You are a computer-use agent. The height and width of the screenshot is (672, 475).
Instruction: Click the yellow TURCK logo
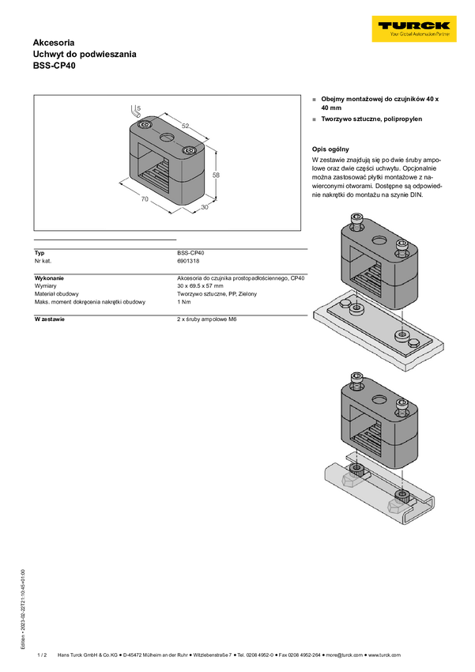[x=414, y=28]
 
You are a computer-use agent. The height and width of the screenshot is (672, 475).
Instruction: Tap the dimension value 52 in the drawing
[x=185, y=126]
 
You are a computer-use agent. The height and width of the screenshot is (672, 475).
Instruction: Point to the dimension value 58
[x=216, y=175]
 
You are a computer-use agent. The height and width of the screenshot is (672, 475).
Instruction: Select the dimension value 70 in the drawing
[x=145, y=199]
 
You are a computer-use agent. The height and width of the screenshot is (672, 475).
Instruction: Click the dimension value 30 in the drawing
[x=205, y=207]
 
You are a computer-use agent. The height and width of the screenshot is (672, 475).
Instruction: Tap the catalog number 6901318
[x=188, y=261]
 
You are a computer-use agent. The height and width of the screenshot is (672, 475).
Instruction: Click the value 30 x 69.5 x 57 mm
[x=200, y=286]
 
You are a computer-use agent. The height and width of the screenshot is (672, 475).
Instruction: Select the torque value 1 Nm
[x=183, y=302]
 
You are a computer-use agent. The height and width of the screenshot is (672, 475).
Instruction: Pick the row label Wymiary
[x=45, y=286]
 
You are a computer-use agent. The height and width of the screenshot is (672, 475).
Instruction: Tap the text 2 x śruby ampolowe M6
[x=207, y=319]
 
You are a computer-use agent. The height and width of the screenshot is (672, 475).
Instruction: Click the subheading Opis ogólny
[x=330, y=149]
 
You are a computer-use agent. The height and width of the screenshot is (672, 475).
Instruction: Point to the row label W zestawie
[x=49, y=319]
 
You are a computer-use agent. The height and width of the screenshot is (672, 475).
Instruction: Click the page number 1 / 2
[x=42, y=655]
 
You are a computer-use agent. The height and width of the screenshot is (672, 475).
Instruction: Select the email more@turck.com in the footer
[x=345, y=655]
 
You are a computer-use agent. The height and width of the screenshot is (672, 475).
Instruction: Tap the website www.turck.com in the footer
[x=385, y=655]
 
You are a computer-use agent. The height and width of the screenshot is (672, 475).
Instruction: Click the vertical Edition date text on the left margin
[x=23, y=609]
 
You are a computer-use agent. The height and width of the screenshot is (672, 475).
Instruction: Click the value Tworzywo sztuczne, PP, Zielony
[x=217, y=294]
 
